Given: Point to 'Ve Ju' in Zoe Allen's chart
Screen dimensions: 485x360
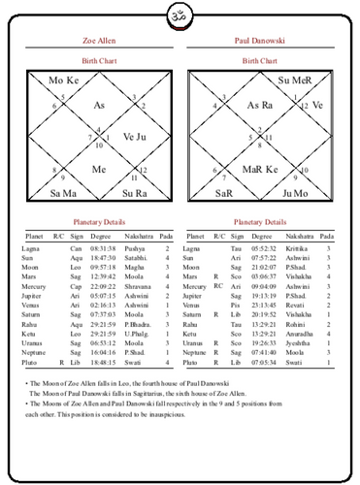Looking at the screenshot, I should click(x=134, y=137).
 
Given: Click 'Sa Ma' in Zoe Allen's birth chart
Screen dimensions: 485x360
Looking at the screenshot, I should click(x=62, y=194).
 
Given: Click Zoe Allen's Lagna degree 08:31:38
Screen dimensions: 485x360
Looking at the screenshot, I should click(x=103, y=249).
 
